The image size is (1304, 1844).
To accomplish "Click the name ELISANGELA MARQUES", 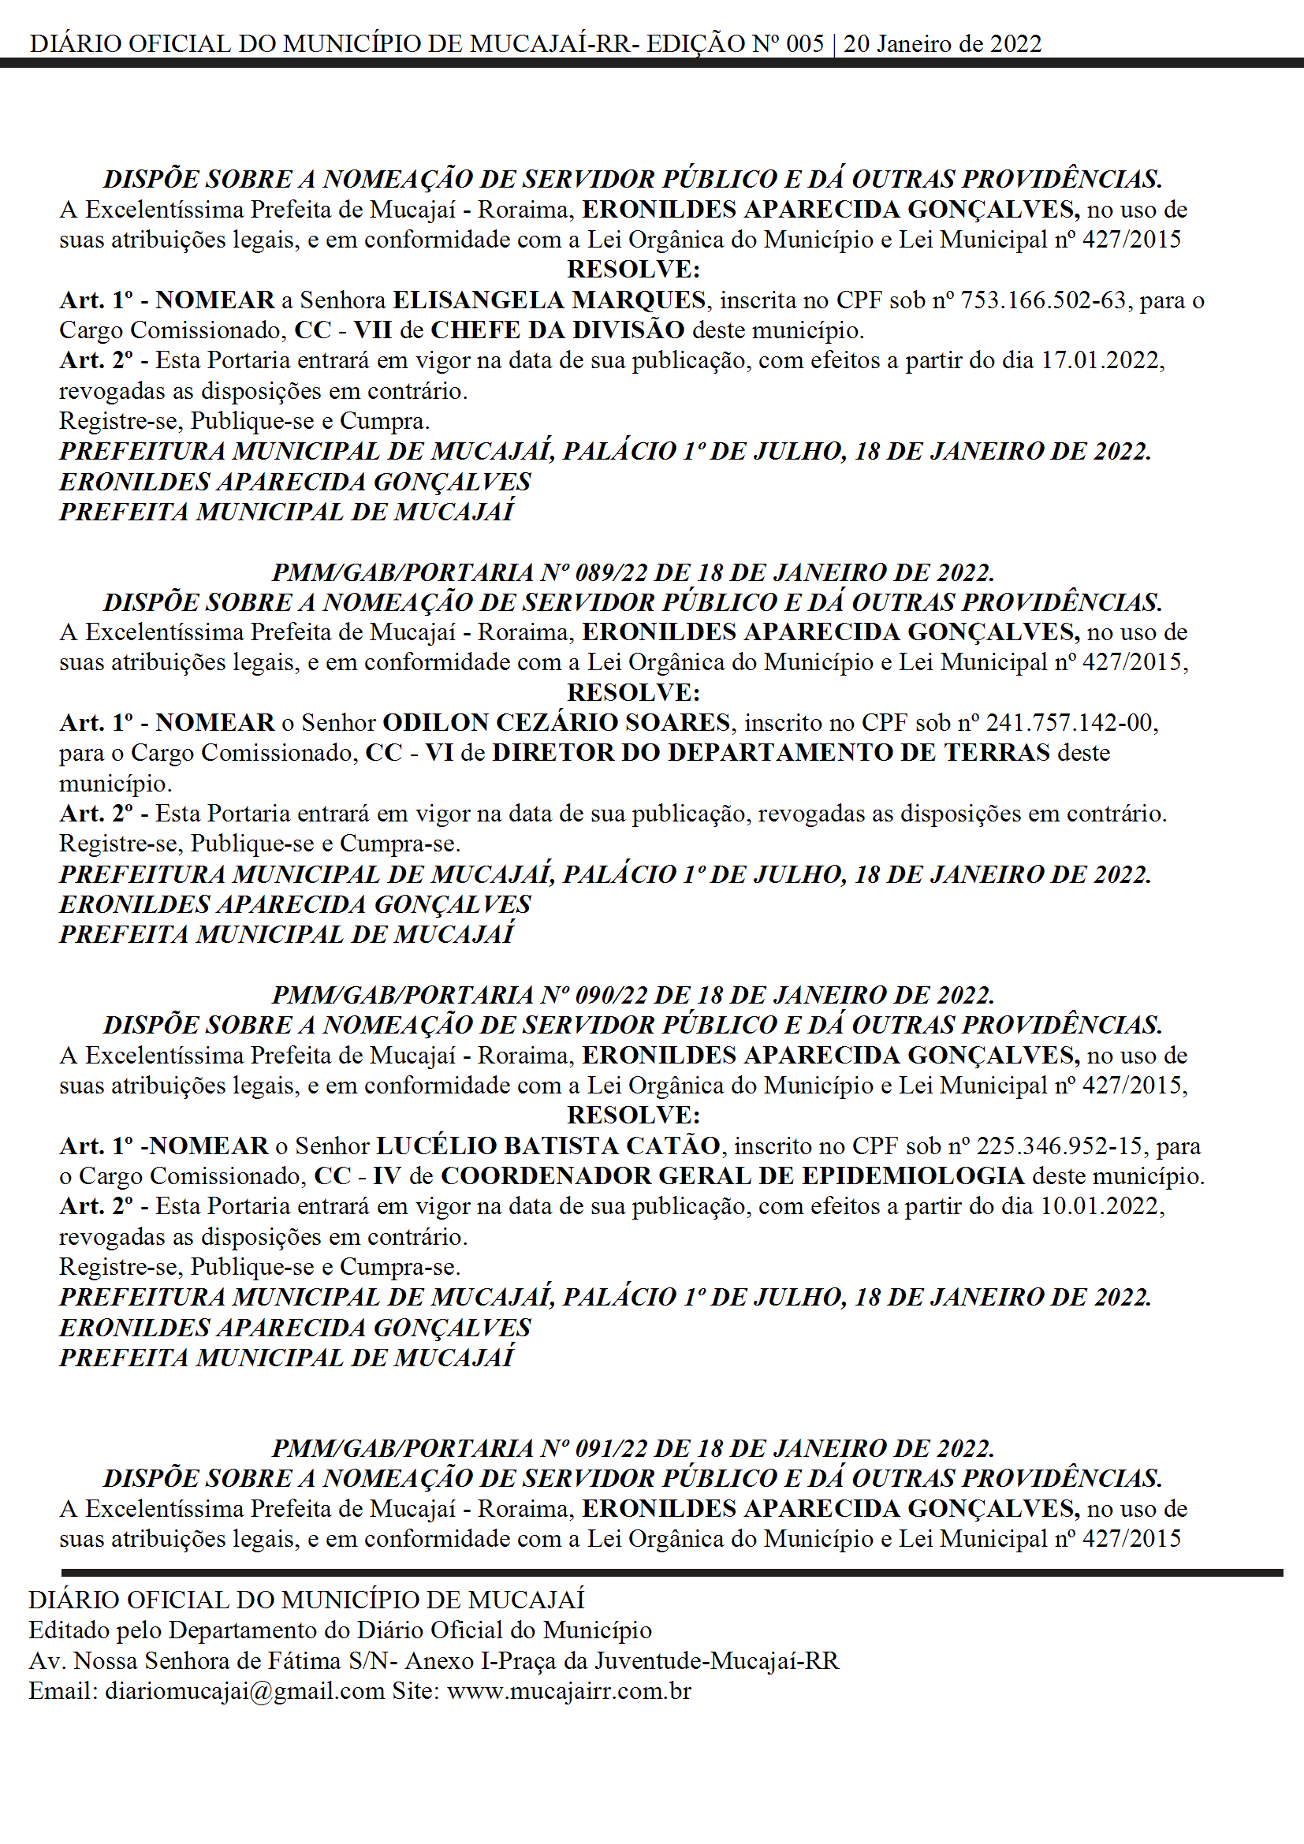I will click(549, 300).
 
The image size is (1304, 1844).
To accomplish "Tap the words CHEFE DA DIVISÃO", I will click(557, 330).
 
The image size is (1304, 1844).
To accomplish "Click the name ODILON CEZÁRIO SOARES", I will click(556, 722).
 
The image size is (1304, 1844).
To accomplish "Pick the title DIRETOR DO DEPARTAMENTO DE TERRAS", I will click(771, 753).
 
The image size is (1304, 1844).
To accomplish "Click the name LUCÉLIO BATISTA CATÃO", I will click(548, 1146).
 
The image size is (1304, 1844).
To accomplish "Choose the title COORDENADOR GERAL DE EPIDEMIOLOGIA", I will click(732, 1175).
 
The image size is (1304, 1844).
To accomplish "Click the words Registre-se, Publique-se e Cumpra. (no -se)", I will click(244, 421).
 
